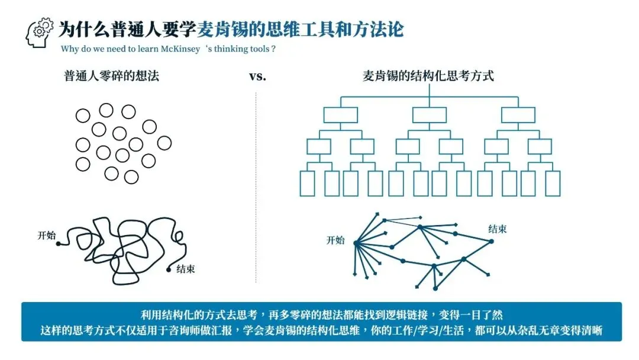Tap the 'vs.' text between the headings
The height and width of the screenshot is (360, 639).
(x=256, y=76)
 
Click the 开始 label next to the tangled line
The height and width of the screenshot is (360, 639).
(x=46, y=235)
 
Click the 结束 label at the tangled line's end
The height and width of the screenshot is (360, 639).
(x=185, y=269)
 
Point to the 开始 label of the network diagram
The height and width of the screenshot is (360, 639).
(x=335, y=240)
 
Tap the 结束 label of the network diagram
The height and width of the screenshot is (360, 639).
(x=497, y=229)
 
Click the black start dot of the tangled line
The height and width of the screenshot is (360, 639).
(x=59, y=243)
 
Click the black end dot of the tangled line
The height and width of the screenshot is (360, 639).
(x=169, y=270)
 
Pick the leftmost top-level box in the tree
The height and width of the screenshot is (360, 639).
(x=340, y=115)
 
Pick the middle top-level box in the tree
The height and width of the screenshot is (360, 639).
(x=430, y=115)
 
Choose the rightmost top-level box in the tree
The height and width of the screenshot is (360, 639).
(x=518, y=115)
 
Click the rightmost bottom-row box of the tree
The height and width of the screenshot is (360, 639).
(x=552, y=183)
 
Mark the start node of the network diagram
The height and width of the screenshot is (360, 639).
(x=356, y=243)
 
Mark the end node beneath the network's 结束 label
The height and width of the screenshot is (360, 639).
(x=491, y=241)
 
